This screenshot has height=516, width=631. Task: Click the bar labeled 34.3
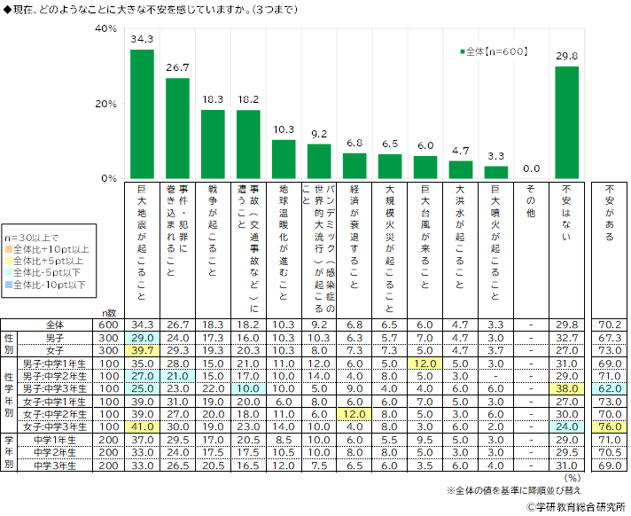coord(142,113)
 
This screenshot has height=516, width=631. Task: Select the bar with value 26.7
coord(177,128)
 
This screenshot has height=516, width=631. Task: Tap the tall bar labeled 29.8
coord(566,122)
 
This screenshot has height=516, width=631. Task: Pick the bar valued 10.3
coord(284,159)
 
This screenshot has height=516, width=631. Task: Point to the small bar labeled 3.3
coord(496,172)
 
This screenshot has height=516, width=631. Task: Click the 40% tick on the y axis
coord(105,29)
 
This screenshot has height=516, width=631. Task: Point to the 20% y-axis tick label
coord(105,104)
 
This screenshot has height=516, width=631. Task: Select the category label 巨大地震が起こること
coord(142,239)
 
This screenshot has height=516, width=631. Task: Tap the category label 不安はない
coord(566,213)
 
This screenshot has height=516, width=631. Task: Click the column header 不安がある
coord(609,213)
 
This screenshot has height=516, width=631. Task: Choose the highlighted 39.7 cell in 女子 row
coord(142,350)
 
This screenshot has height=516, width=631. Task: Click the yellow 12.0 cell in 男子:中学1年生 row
coord(425,364)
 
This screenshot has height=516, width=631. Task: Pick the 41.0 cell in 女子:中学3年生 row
coord(142,426)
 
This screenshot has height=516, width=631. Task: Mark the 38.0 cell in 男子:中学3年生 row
coord(566,388)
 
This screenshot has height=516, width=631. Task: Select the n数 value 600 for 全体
coord(108,325)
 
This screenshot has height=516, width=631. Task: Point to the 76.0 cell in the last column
coord(609,426)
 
